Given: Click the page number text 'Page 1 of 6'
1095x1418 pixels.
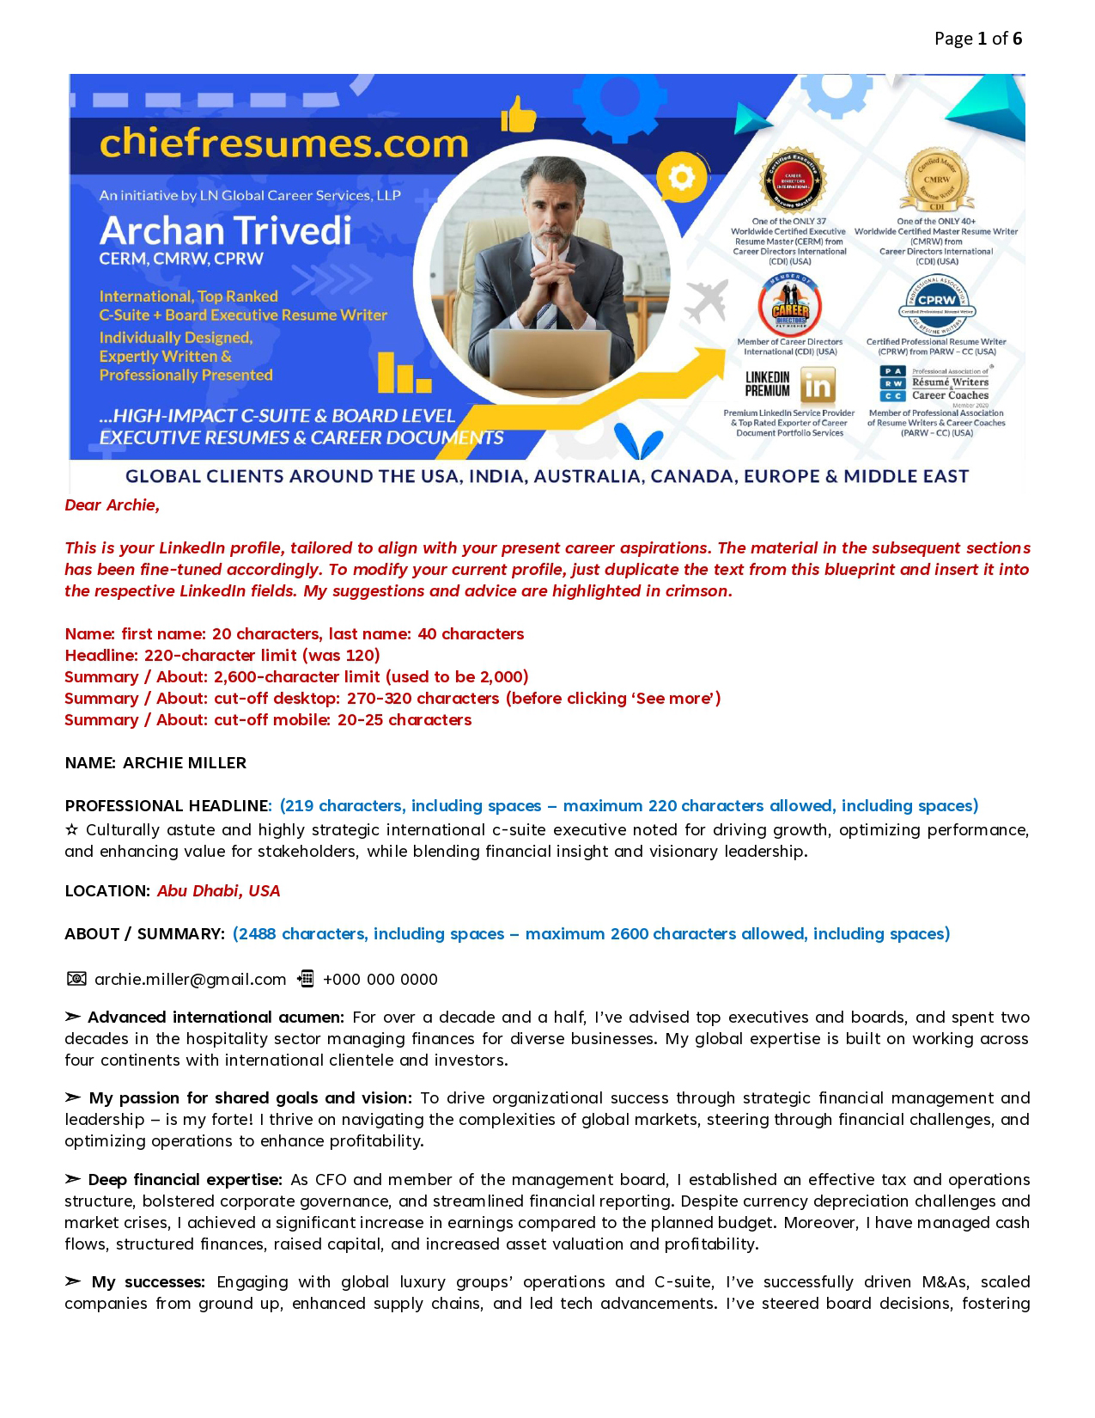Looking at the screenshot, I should [x=977, y=39].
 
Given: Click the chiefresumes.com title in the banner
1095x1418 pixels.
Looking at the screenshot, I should [x=284, y=144].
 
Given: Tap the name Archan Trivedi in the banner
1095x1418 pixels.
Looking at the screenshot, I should [x=225, y=230].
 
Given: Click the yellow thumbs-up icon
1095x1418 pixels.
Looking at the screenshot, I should [x=518, y=114].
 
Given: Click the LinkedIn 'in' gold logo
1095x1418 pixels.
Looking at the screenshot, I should [x=817, y=386].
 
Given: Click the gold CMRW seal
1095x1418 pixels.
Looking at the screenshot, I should [x=936, y=182].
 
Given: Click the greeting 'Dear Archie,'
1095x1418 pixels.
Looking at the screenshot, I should [x=113, y=505].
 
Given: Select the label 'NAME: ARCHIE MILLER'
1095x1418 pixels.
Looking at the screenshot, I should [x=155, y=763].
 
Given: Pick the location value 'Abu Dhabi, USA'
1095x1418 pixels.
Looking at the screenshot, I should [x=218, y=891].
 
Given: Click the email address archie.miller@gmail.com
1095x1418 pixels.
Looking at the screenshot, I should [x=190, y=980].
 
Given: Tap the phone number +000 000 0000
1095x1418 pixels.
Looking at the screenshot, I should [x=380, y=980].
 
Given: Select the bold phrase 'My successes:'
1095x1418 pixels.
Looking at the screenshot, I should [x=148, y=1282].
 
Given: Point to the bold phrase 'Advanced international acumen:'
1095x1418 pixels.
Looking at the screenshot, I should [x=215, y=1018].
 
